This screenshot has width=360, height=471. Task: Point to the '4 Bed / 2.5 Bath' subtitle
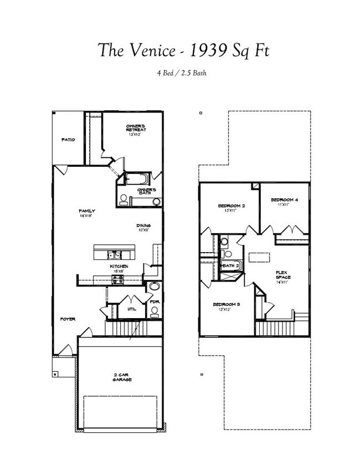coord(179,73)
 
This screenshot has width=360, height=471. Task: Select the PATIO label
coord(68,140)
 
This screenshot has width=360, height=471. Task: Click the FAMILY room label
coord(87,211)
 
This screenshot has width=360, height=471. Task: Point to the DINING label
coord(144,226)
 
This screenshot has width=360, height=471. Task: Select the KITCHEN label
coord(119,267)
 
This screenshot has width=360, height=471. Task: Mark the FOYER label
coord(68,319)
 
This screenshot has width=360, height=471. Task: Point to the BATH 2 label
coord(231,266)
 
